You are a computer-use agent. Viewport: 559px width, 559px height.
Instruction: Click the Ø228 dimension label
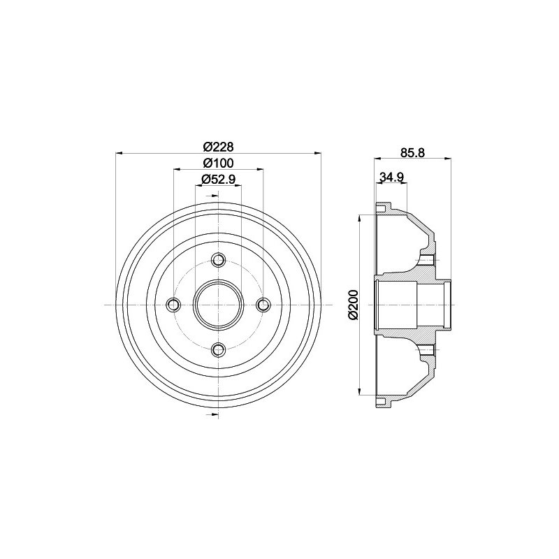coord(218,147)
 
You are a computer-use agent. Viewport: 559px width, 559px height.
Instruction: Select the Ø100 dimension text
coord(218,163)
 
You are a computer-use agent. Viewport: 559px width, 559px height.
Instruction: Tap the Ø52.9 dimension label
coord(218,179)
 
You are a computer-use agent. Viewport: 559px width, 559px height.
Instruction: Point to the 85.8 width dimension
coord(412,152)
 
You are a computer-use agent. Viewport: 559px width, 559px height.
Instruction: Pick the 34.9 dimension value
coord(391,177)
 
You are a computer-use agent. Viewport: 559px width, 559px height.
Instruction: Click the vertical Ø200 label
coord(353,305)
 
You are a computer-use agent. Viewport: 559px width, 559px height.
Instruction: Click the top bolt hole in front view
coord(218,259)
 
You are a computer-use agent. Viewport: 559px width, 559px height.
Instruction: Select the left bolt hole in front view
coord(173,305)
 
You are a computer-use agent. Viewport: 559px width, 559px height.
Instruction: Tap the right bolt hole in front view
coord(263,305)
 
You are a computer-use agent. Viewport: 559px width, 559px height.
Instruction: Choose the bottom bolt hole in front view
coord(218,350)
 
